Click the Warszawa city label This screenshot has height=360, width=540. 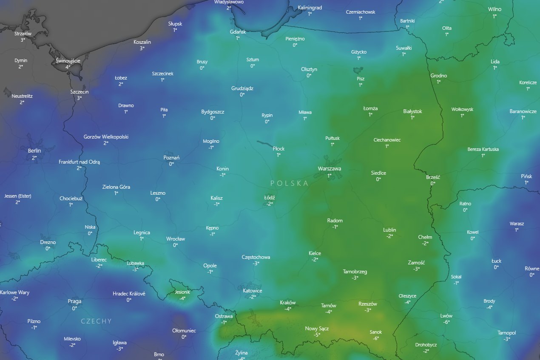(329, 169)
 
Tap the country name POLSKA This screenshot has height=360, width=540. (289, 183)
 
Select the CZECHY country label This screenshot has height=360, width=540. (96, 321)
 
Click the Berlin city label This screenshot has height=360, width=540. (34, 151)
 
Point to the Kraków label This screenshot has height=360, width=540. (288, 303)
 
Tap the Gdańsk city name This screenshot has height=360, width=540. (238, 32)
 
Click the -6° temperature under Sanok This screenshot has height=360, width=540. (376, 339)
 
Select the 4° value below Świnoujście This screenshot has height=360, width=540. (68, 67)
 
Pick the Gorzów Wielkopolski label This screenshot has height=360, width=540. (106, 137)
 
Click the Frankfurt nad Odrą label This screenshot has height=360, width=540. (79, 162)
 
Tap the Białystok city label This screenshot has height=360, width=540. (412, 111)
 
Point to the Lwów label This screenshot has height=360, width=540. (446, 316)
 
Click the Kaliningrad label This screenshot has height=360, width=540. (310, 8)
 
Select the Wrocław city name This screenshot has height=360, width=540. (176, 239)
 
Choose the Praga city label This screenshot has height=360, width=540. (74, 301)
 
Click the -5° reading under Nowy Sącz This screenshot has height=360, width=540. (317, 335)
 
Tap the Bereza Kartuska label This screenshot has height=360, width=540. (483, 149)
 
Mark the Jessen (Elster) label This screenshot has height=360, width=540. (18, 196)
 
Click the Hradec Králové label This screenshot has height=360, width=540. (129, 294)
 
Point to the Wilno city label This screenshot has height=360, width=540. (495, 9)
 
